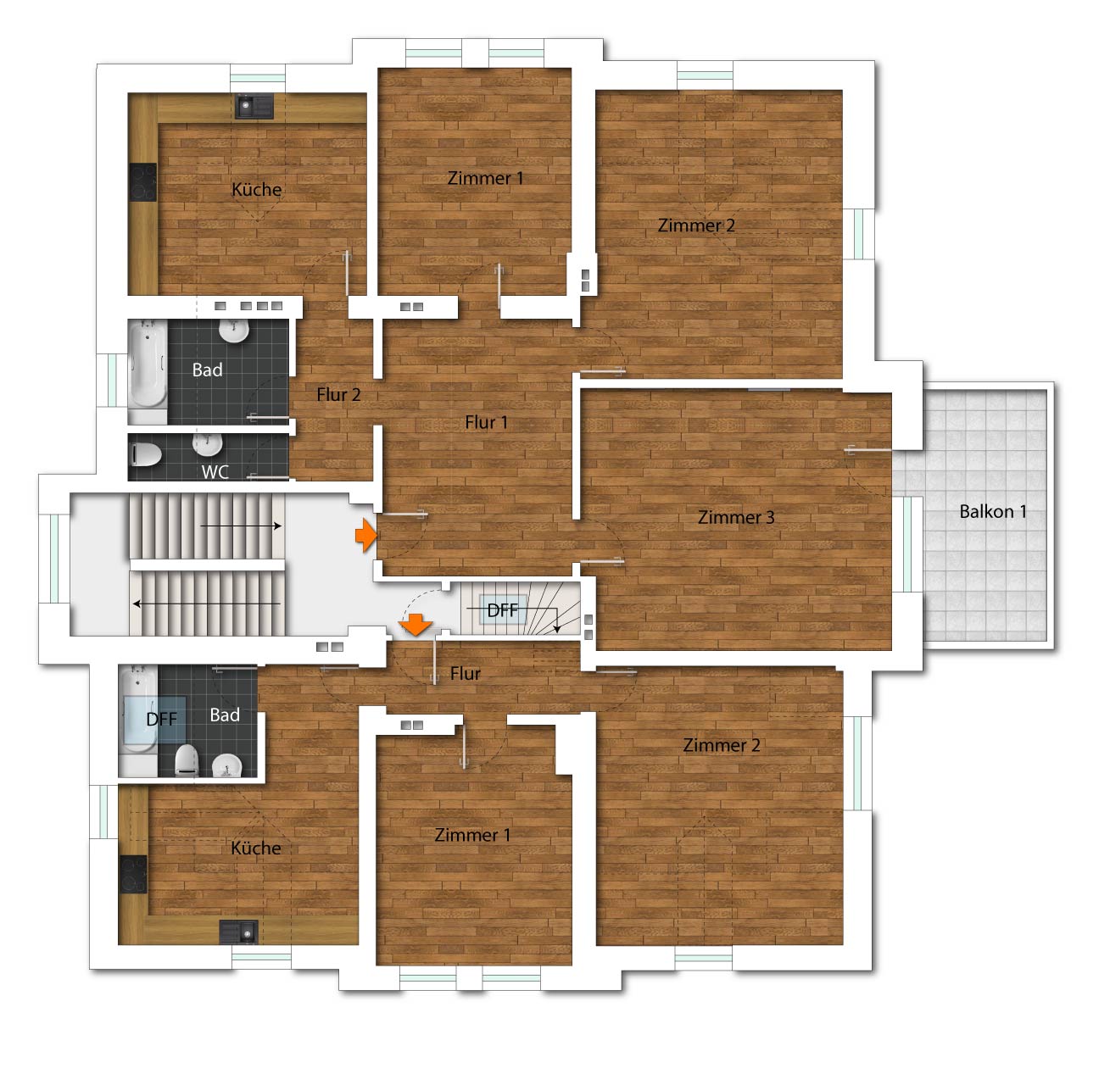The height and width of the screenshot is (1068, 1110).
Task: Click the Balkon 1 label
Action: pos(992,511)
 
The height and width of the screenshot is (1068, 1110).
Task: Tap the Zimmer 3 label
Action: pos(736,517)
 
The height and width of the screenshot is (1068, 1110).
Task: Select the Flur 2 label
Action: pos(338,394)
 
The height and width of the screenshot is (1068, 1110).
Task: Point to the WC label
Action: pos(215,471)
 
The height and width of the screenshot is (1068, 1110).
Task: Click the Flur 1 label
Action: pos(486,422)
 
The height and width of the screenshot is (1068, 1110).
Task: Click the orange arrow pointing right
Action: pos(365,536)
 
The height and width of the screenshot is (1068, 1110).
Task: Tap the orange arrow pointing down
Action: pos(416,625)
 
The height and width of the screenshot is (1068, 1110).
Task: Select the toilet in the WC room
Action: pos(146,453)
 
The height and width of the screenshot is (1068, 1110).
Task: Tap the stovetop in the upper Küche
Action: pos(142,182)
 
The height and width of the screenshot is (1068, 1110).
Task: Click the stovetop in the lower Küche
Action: pos(133,875)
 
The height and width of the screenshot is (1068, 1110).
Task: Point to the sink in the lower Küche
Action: pos(239,932)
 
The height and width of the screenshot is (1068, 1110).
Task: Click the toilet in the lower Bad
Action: pos(186,760)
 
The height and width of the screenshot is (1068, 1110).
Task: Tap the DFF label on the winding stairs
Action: pos(503,610)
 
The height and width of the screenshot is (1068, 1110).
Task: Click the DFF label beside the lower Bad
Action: pos(162,719)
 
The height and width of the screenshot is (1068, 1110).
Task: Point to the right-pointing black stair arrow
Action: pos(241,526)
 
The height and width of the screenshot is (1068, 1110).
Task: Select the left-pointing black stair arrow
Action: pos(207,604)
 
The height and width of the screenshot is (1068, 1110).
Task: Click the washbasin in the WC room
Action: pos(208,445)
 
